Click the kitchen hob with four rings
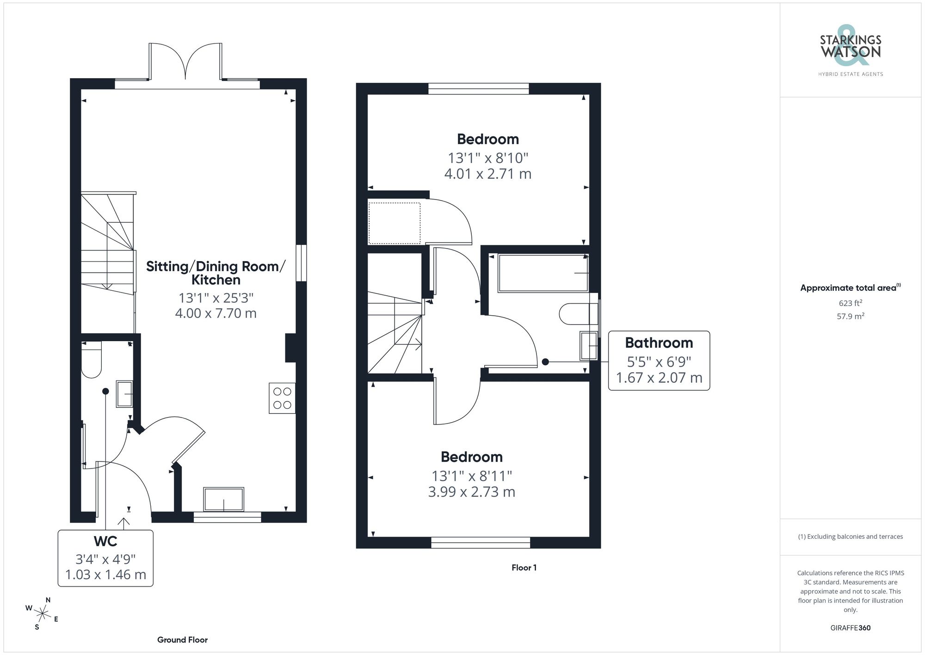[282, 398]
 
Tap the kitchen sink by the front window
[224, 499]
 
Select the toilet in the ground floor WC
[91, 360]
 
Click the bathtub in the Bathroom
[543, 273]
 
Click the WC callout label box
[105, 558]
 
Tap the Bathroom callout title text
[659, 343]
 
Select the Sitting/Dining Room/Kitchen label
[216, 273]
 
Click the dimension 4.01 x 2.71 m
[487, 174]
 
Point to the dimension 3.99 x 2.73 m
[471, 492]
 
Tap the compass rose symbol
[42, 614]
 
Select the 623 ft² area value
[850, 303]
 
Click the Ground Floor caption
[182, 640]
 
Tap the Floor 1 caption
[524, 568]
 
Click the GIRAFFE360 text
[850, 628]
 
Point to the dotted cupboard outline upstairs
[394, 223]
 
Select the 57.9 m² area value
[850, 317]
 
